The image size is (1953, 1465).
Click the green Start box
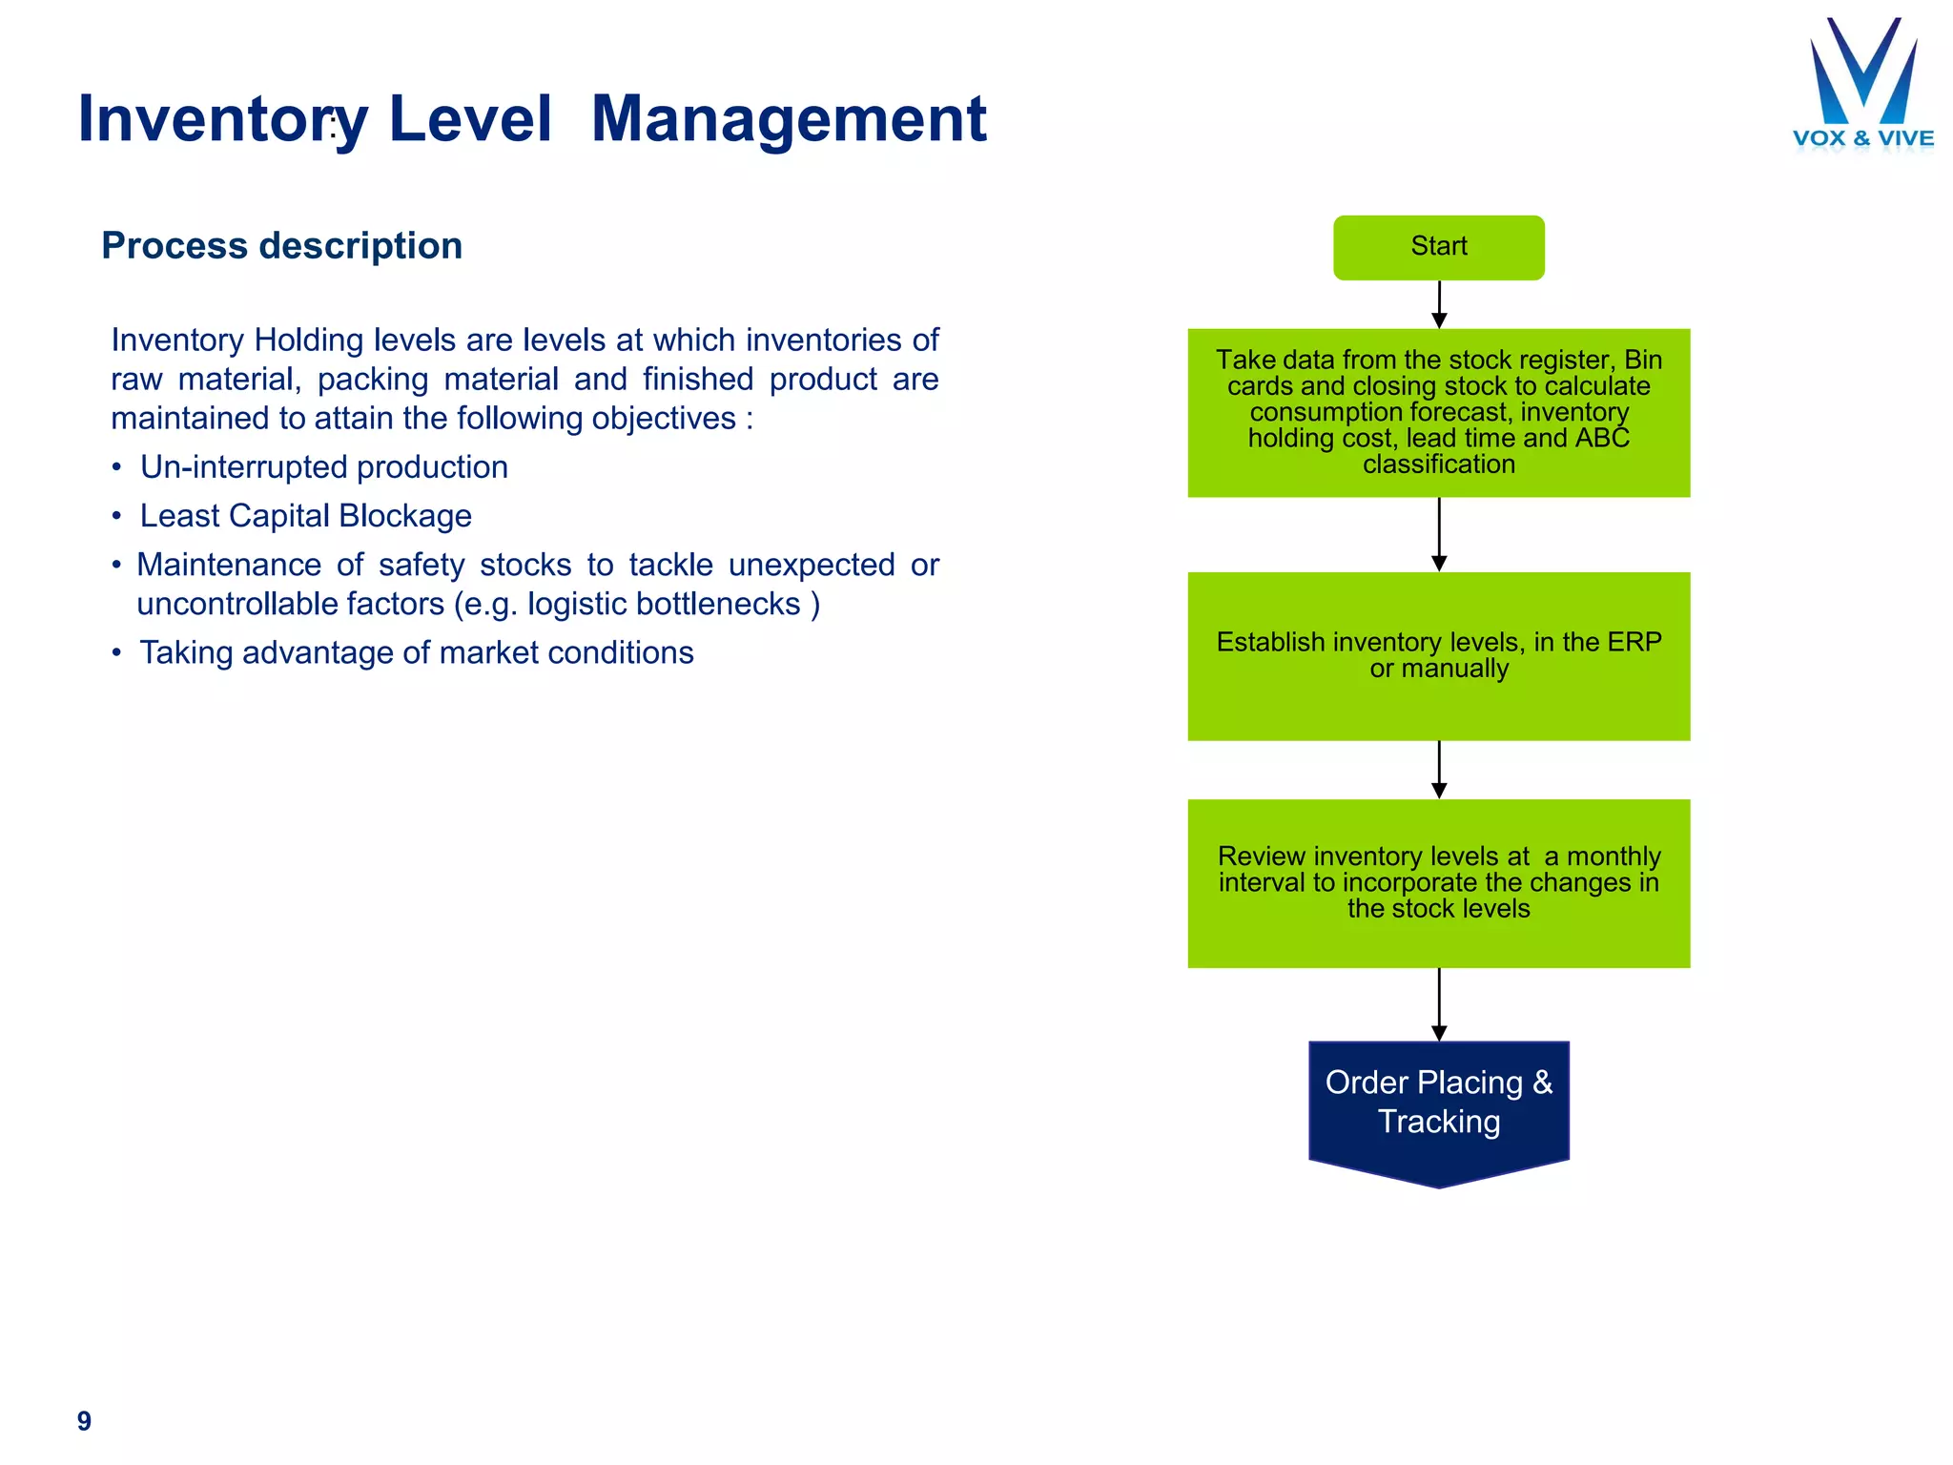(x=1438, y=247)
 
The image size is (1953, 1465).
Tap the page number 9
(x=84, y=1420)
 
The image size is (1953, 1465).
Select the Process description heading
(x=281, y=246)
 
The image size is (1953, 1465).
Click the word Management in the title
(x=788, y=120)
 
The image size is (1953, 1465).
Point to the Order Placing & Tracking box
(x=1438, y=1106)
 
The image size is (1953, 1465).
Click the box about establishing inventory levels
(x=1438, y=656)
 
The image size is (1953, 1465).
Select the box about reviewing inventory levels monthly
(x=1438, y=883)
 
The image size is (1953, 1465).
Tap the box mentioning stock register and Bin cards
(x=1438, y=412)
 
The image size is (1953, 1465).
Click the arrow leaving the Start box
(x=1439, y=304)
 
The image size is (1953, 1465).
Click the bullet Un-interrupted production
(x=323, y=467)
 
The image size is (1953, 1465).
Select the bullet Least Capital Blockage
(x=305, y=516)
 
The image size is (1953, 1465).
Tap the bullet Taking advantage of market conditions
(x=416, y=653)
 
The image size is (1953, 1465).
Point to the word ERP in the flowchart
(x=1634, y=642)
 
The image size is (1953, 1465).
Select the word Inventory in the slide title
(x=222, y=120)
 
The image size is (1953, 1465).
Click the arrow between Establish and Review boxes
(x=1439, y=770)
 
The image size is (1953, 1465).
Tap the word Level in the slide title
(x=470, y=120)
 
